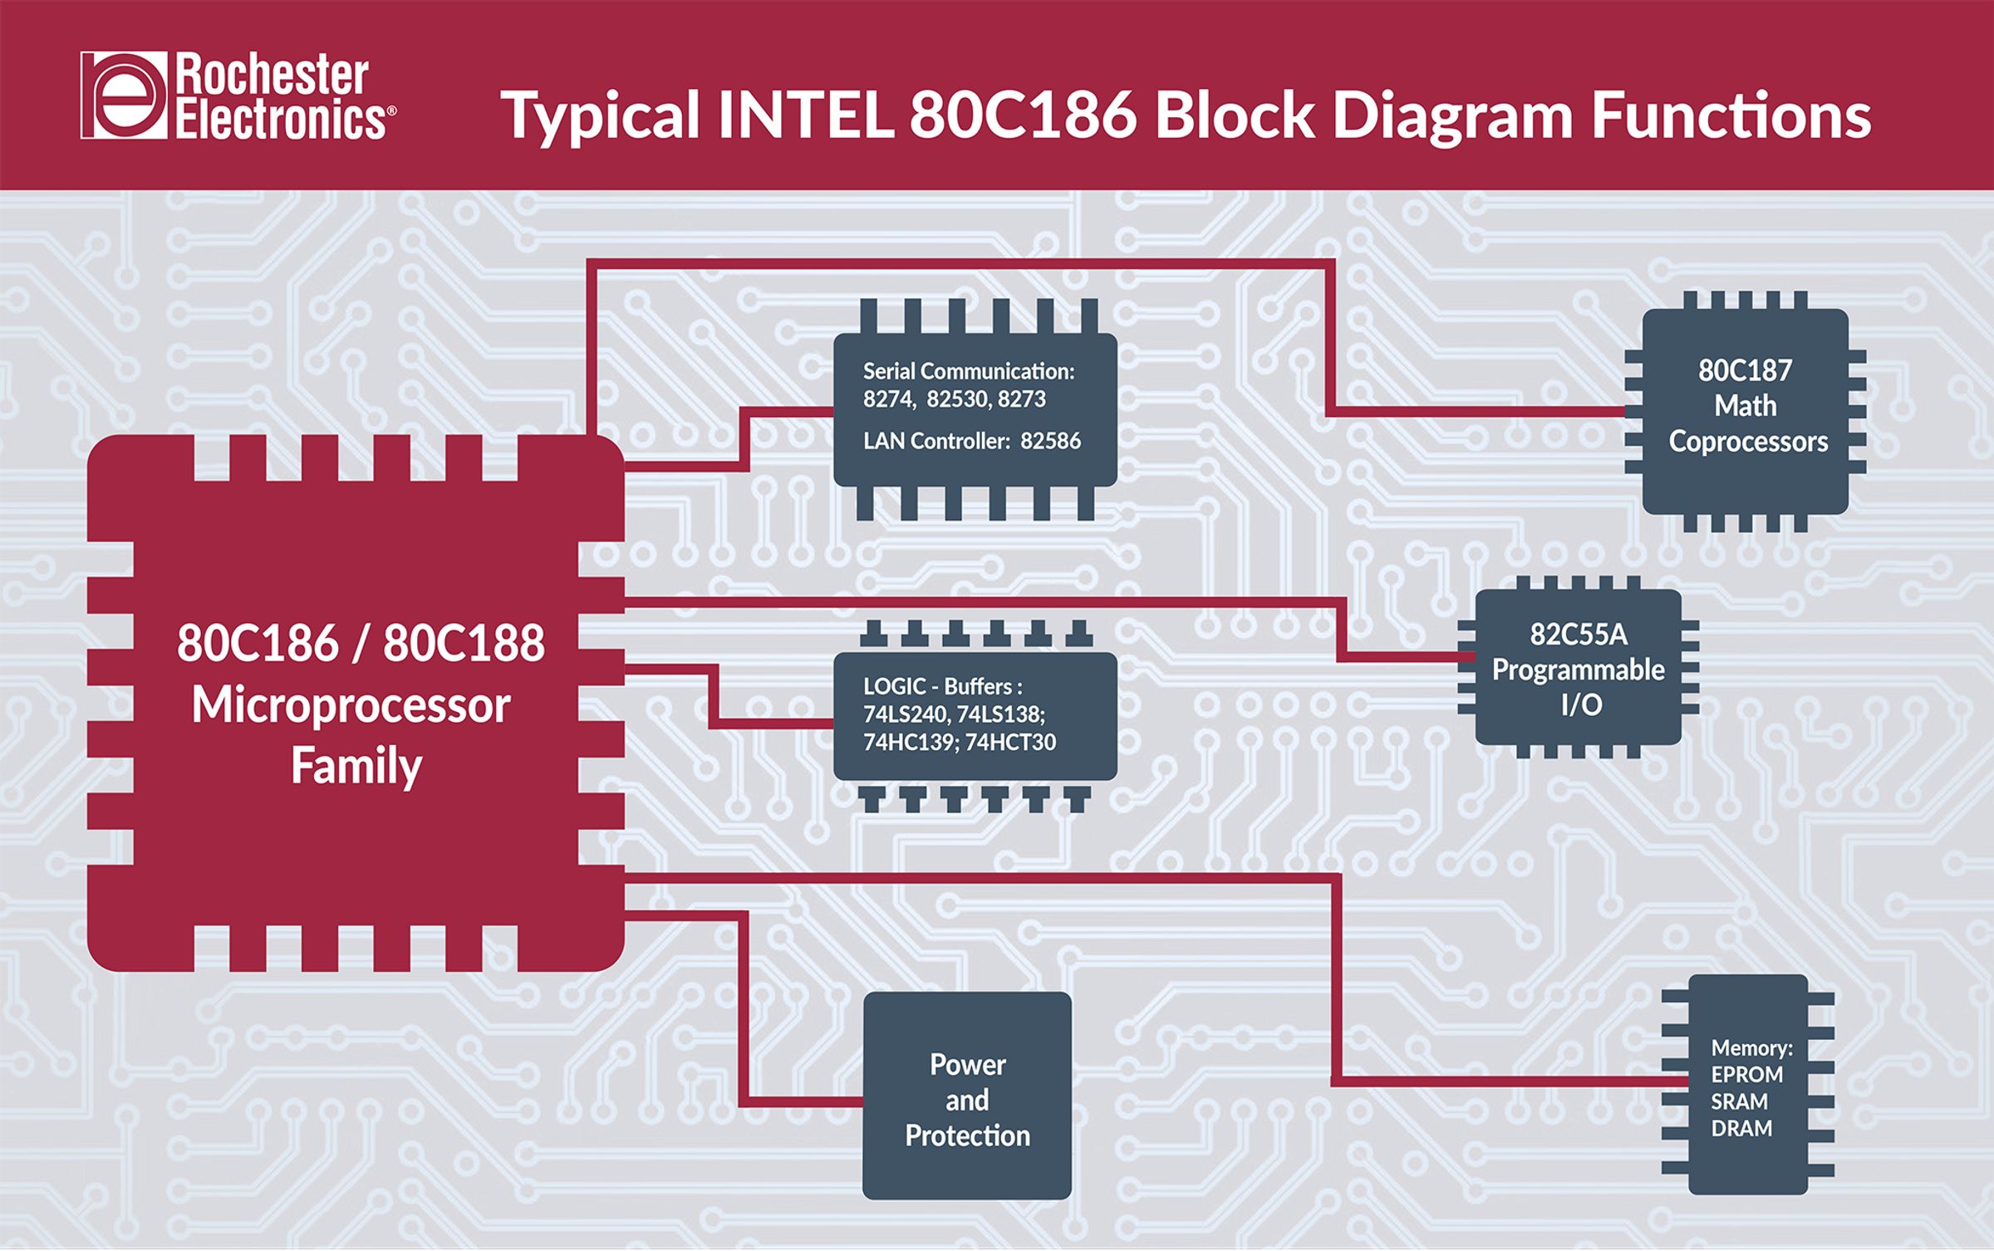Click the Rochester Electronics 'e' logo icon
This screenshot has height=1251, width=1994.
coord(124,96)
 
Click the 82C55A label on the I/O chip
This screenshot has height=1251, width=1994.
coord(1578,635)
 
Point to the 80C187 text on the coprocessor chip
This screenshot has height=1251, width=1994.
coord(1745,370)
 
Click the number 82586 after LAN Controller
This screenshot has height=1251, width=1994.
coord(1050,441)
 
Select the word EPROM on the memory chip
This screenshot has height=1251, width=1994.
coord(1746,1075)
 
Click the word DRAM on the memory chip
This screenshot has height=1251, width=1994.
coord(1741,1129)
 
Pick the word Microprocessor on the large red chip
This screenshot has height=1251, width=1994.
coord(351,706)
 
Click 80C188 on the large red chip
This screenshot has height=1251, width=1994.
coord(464,643)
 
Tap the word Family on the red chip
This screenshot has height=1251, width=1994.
coord(356,766)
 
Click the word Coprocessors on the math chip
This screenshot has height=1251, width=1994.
coord(1748,442)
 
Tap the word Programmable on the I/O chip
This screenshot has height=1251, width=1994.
coord(1578,670)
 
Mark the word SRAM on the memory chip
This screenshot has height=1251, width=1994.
coord(1739,1102)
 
